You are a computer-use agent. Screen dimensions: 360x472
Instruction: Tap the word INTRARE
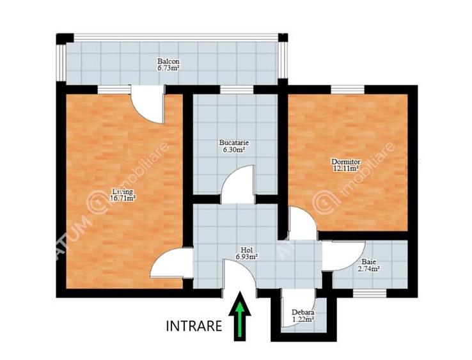pyautogui.click(x=194, y=325)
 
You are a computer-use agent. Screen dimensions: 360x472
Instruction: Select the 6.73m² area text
pyautogui.click(x=169, y=69)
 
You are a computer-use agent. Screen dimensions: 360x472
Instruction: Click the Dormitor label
pyautogui.click(x=345, y=162)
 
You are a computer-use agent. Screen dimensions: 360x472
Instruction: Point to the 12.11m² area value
pyautogui.click(x=345, y=169)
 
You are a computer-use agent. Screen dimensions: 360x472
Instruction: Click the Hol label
pyautogui.click(x=246, y=249)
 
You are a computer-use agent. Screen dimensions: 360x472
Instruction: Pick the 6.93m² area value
pyautogui.click(x=246, y=256)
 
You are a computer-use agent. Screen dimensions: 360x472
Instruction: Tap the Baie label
pyautogui.click(x=369, y=262)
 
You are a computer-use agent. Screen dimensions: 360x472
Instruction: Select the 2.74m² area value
pyautogui.click(x=369, y=269)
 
